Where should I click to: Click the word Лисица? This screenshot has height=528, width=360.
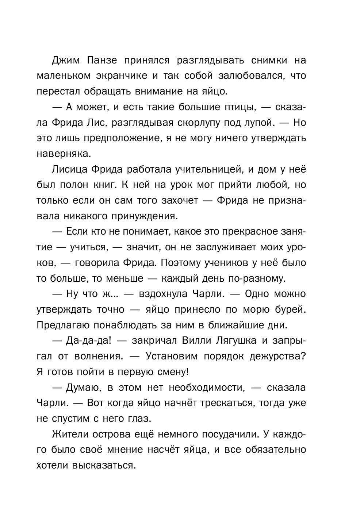click(x=72, y=169)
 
